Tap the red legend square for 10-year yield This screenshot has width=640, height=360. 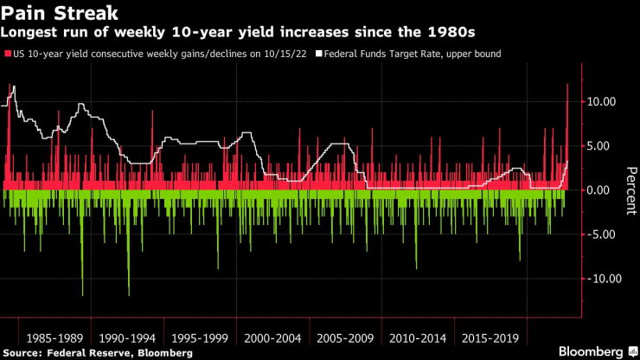point(9,55)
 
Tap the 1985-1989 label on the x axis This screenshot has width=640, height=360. point(54,336)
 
